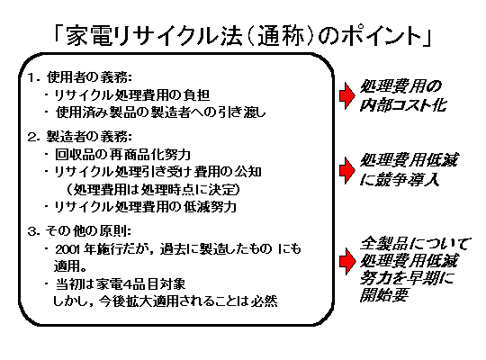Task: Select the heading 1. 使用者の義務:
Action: [x=80, y=77]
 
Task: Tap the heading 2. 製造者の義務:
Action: [x=80, y=137]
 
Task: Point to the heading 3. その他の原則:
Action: [x=79, y=230]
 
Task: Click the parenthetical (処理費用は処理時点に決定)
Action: [x=153, y=189]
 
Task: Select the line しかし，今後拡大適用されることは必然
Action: [x=166, y=301]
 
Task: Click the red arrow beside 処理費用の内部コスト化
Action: [x=347, y=95]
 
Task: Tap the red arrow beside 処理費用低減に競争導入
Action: [x=347, y=170]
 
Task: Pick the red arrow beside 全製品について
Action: [x=347, y=261]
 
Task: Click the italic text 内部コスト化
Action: [x=403, y=104]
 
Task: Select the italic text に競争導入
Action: [x=400, y=179]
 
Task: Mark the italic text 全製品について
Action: [x=415, y=243]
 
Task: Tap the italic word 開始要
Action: [x=383, y=295]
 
